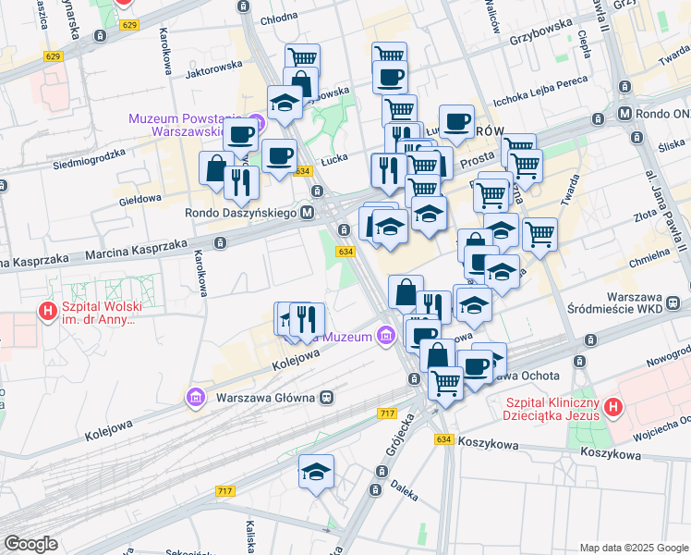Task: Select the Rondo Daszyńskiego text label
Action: pos(239,213)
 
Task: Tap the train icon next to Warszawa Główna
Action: pos(326,398)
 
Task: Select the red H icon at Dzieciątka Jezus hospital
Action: pos(612,407)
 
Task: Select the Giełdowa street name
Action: pos(140,198)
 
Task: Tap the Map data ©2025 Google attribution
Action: pos(633,547)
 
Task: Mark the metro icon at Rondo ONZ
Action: pos(625,114)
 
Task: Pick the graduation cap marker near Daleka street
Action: pos(316,472)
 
